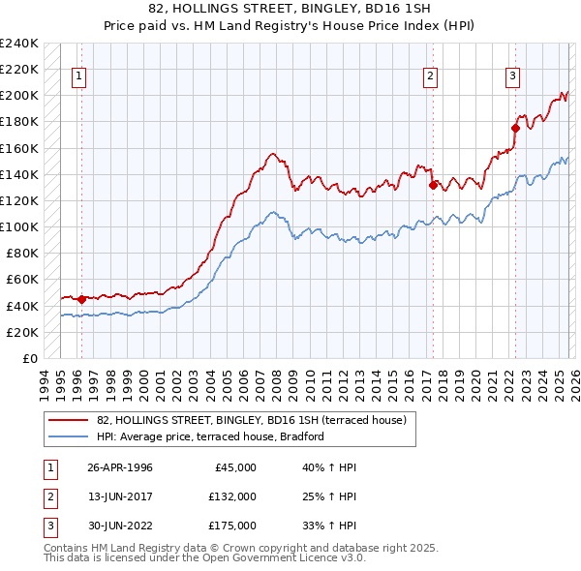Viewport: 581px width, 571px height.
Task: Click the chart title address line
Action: [290, 9]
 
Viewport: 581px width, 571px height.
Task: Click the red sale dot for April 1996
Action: [81, 299]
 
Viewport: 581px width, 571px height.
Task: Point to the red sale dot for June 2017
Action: [432, 185]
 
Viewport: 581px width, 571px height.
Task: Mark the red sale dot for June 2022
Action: [515, 128]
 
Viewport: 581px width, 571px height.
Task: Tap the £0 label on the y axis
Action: [29, 358]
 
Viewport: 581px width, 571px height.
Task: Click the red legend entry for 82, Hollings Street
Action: [257, 420]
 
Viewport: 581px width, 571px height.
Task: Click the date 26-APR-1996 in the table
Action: [119, 467]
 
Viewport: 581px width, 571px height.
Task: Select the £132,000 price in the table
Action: [231, 496]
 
